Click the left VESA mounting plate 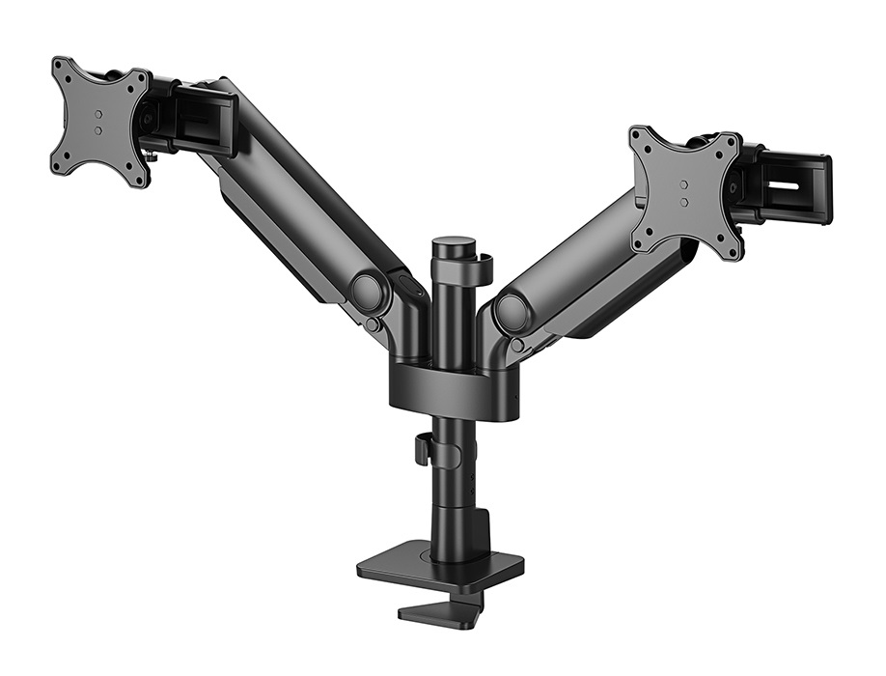[x=99, y=121]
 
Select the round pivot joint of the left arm [x=367, y=292]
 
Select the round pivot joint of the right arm [x=512, y=313]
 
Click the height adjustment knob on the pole [x=422, y=449]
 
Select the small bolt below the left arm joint [x=373, y=325]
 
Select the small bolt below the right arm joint [x=518, y=345]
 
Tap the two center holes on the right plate [x=683, y=192]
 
